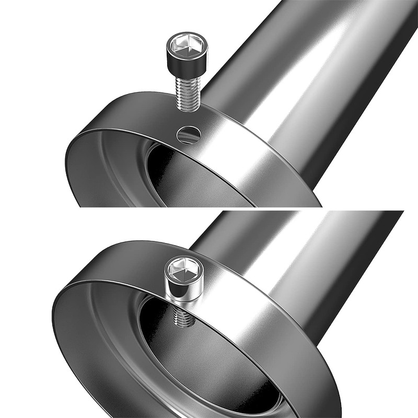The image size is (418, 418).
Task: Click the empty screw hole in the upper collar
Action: point(188,135)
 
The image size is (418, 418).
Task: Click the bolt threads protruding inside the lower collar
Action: point(183,316)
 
